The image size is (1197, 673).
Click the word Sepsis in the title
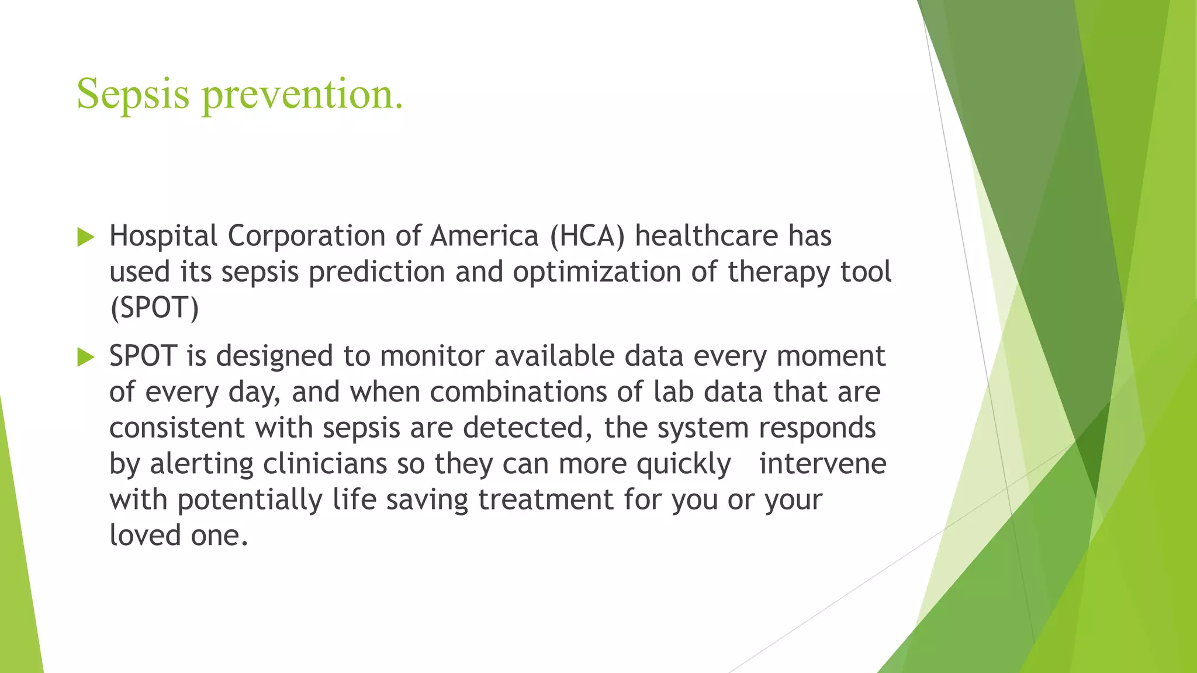pos(133,95)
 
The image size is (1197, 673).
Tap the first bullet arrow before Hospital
pos(85,237)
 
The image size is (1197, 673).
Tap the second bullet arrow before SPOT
pos(85,357)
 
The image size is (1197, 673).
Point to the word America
pos(484,236)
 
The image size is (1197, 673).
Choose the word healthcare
pos(707,236)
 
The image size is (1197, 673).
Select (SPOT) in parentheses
pos(154,308)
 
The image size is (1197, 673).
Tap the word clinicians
pos(325,464)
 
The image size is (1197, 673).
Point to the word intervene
pos(822,464)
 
